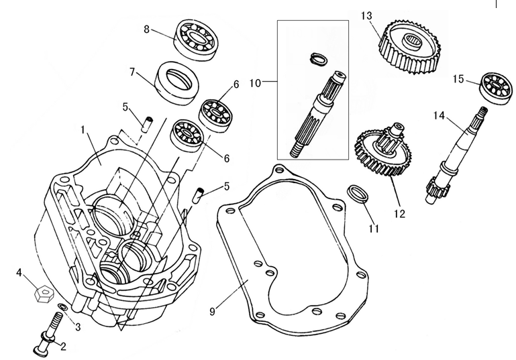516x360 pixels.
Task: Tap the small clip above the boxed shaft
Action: click(x=320, y=58)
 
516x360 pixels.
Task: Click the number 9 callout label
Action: click(x=213, y=311)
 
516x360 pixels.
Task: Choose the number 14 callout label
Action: click(x=438, y=116)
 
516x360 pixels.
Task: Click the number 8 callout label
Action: click(x=146, y=29)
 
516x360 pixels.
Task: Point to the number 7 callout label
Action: click(x=132, y=71)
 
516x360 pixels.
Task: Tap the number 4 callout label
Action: click(x=19, y=273)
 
